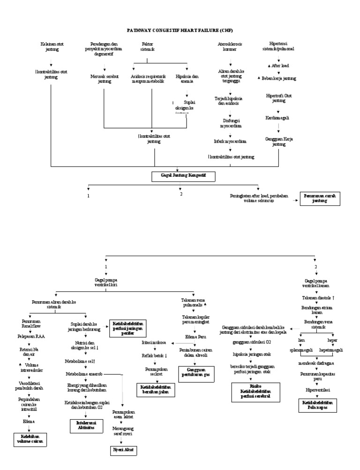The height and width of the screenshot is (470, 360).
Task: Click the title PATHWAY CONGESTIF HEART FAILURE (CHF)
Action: pyautogui.click(x=180, y=29)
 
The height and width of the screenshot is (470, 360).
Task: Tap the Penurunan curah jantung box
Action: pyautogui.click(x=321, y=198)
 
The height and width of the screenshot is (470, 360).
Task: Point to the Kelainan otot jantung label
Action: pyautogui.click(x=52, y=46)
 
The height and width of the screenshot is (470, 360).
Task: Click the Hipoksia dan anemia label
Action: pyautogui.click(x=187, y=78)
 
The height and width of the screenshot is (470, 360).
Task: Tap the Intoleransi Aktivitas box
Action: pyautogui.click(x=82, y=426)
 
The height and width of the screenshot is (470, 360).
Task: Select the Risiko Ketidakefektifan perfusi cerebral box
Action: pyautogui.click(x=255, y=392)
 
